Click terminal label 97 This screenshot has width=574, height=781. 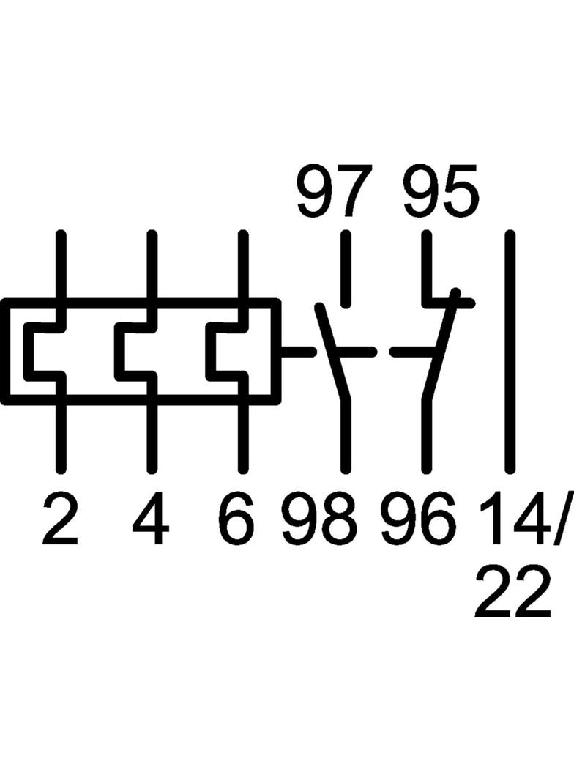coord(327,192)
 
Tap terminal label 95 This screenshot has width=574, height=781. coord(441,192)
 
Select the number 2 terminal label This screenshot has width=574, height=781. coord(60,518)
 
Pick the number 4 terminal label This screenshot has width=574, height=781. coord(151,518)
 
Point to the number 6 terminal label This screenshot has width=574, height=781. coord(237,518)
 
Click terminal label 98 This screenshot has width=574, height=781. coord(320,518)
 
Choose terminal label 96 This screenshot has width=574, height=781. coord(419,518)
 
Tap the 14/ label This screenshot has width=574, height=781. coord(521,518)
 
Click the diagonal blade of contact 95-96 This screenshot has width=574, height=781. coord(440,344)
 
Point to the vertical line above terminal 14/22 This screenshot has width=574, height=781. coord(509,351)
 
